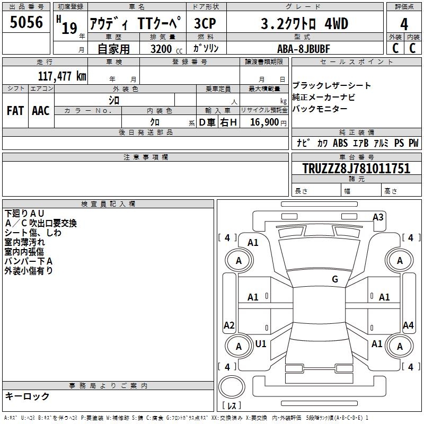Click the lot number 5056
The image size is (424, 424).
26,22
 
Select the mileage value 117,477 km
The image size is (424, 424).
62,76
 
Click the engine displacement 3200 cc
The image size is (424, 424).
162,49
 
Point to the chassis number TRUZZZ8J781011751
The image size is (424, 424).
356,169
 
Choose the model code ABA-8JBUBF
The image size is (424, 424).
304,49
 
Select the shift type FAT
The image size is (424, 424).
15,111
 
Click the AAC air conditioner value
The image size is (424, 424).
41,111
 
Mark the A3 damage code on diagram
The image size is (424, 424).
378,217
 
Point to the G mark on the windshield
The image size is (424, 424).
334,279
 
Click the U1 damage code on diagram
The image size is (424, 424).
261,344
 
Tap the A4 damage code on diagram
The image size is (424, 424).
408,325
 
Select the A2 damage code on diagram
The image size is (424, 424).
229,325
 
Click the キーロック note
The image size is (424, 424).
27,396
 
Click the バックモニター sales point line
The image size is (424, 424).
320,109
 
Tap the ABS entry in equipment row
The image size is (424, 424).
340,143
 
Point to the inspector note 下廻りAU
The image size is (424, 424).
25,213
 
